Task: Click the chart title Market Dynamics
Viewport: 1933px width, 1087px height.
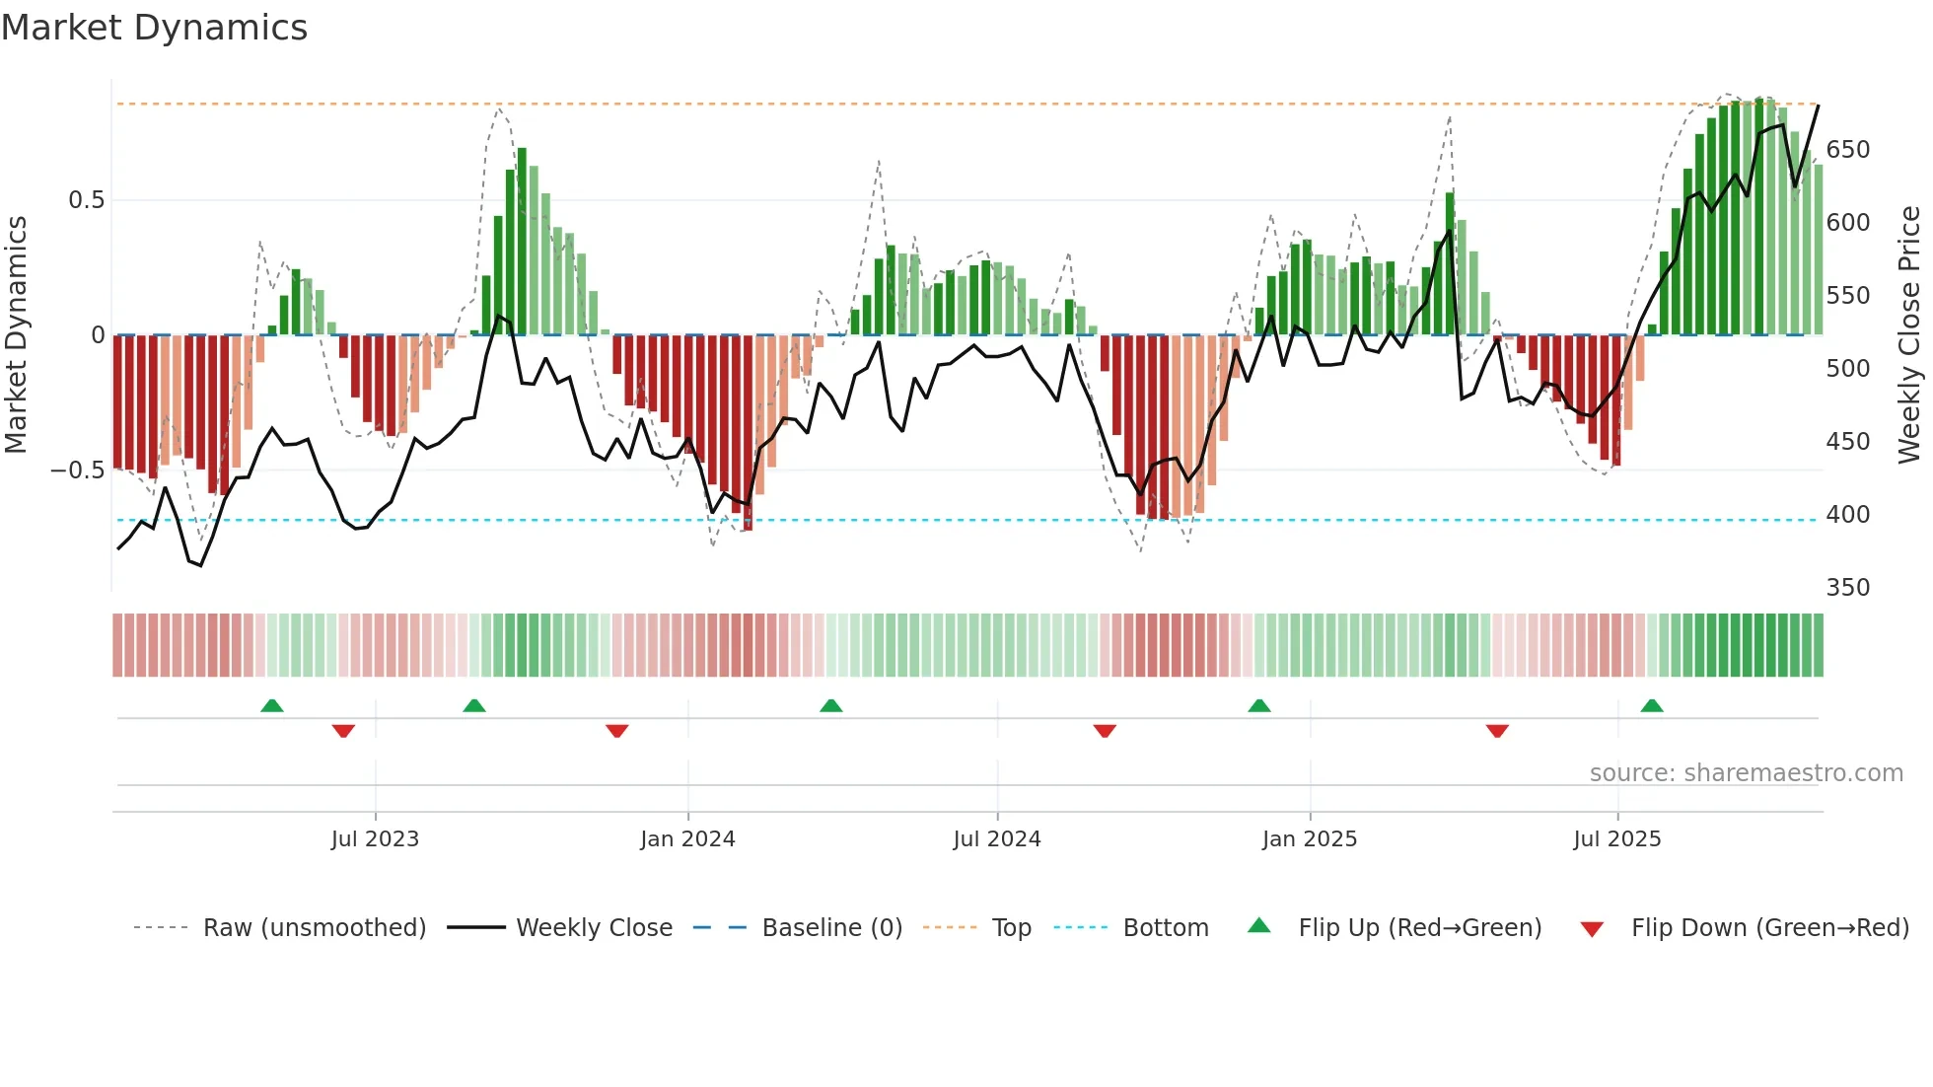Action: (154, 28)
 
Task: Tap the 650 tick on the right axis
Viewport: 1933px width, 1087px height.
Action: (1847, 150)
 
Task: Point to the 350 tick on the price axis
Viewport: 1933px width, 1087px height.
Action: (1847, 588)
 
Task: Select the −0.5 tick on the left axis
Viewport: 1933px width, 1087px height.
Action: (77, 471)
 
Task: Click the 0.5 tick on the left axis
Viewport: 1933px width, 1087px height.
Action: (86, 200)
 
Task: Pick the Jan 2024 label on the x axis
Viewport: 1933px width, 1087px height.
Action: (687, 839)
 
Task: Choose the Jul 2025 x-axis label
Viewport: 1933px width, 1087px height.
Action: (1616, 839)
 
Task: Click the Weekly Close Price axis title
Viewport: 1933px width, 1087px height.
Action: (1909, 335)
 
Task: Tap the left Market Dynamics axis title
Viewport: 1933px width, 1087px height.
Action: (16, 335)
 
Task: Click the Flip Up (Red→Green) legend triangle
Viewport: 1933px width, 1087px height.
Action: (1259, 926)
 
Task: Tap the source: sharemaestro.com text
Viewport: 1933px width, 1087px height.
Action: (1746, 773)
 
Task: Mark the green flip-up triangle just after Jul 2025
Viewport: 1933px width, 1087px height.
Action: (1652, 705)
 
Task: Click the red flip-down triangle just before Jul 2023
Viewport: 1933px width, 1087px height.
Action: (343, 731)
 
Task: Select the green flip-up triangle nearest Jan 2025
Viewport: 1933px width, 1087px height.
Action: (1259, 705)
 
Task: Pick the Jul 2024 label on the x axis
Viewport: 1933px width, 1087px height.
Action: (996, 839)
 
